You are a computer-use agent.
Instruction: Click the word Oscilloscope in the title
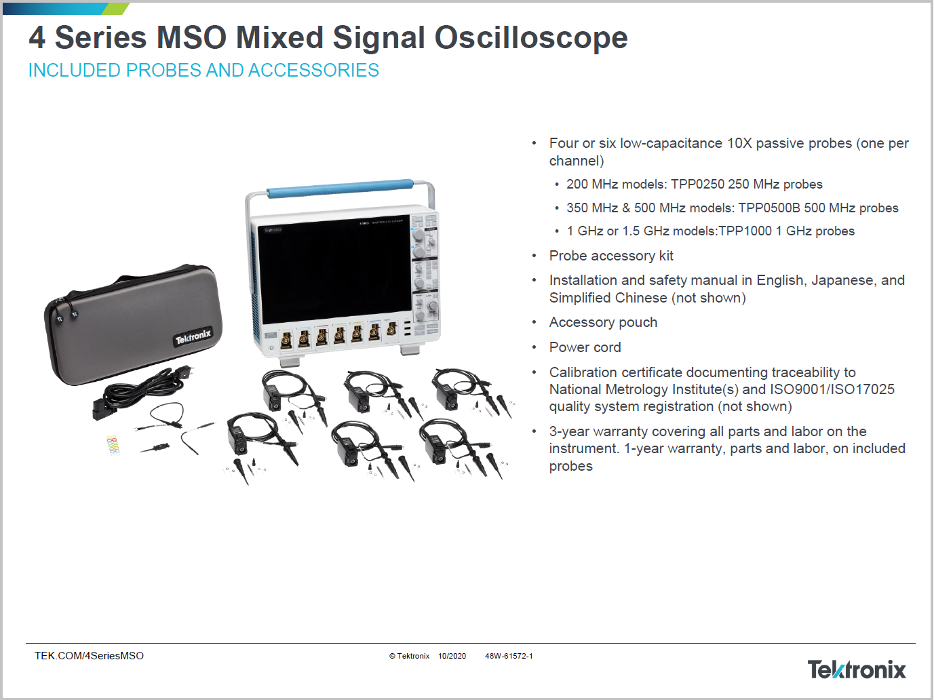tap(530, 38)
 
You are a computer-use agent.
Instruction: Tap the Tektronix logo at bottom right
tap(856, 669)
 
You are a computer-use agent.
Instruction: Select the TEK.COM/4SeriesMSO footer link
tap(89, 656)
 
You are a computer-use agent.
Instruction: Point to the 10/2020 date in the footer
tap(452, 656)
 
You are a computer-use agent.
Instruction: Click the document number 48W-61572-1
tap(509, 656)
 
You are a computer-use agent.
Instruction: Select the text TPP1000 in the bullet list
tap(745, 231)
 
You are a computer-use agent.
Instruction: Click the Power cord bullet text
tap(585, 347)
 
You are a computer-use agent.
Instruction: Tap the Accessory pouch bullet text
tap(603, 322)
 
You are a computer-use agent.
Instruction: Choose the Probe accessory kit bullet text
tap(611, 256)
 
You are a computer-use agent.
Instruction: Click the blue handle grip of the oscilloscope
tap(340, 188)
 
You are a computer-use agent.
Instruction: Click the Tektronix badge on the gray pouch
tap(193, 336)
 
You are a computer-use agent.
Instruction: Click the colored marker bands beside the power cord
tap(113, 444)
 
